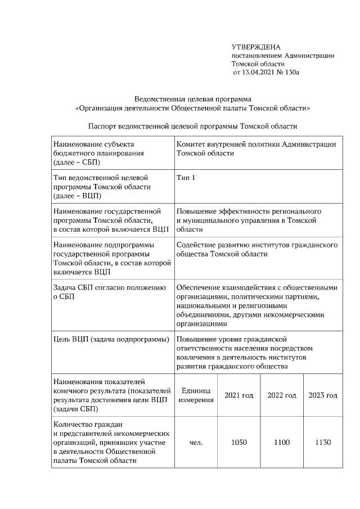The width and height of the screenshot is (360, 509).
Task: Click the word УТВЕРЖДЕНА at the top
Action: (256, 47)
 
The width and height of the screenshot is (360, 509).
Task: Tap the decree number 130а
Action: (293, 73)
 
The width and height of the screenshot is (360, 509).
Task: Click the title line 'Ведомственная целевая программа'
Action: (192, 98)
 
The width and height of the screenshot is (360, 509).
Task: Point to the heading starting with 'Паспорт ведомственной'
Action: (192, 126)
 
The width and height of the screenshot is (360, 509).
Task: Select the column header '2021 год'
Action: (239, 395)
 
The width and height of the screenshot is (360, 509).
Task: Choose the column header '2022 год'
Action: (282, 395)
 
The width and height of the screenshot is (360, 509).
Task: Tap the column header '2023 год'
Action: (323, 395)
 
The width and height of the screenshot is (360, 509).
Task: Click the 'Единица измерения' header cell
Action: (196, 395)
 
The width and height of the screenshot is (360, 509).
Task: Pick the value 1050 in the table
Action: (239, 443)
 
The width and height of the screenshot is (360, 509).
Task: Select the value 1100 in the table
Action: (282, 443)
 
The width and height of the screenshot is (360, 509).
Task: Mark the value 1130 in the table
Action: (323, 443)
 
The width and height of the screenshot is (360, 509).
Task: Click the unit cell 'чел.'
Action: (196, 443)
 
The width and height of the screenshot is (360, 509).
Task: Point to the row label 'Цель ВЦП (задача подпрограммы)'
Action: (111, 340)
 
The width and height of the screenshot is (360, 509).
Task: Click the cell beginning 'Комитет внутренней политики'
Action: (256, 148)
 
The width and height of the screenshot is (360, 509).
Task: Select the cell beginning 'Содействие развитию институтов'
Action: (256, 250)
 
